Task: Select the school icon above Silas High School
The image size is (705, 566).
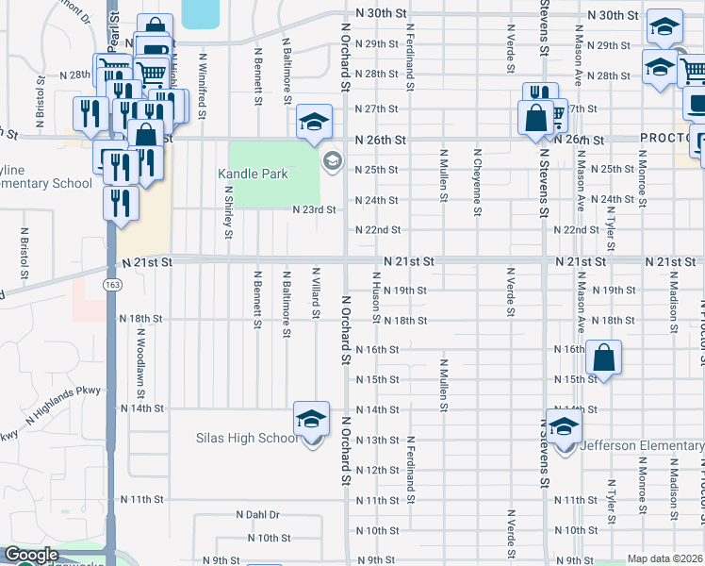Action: point(311,419)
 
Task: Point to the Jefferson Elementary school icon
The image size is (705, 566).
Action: point(564,427)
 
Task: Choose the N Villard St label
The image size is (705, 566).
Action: point(316,292)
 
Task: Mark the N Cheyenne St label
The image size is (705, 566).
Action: point(478,175)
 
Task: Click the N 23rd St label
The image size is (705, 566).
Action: point(314,209)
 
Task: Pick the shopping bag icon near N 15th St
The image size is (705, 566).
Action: point(603,358)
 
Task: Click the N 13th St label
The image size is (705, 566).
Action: point(377,441)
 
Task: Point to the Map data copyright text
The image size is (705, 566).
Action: point(664,558)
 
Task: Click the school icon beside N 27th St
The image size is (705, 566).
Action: point(314,121)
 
